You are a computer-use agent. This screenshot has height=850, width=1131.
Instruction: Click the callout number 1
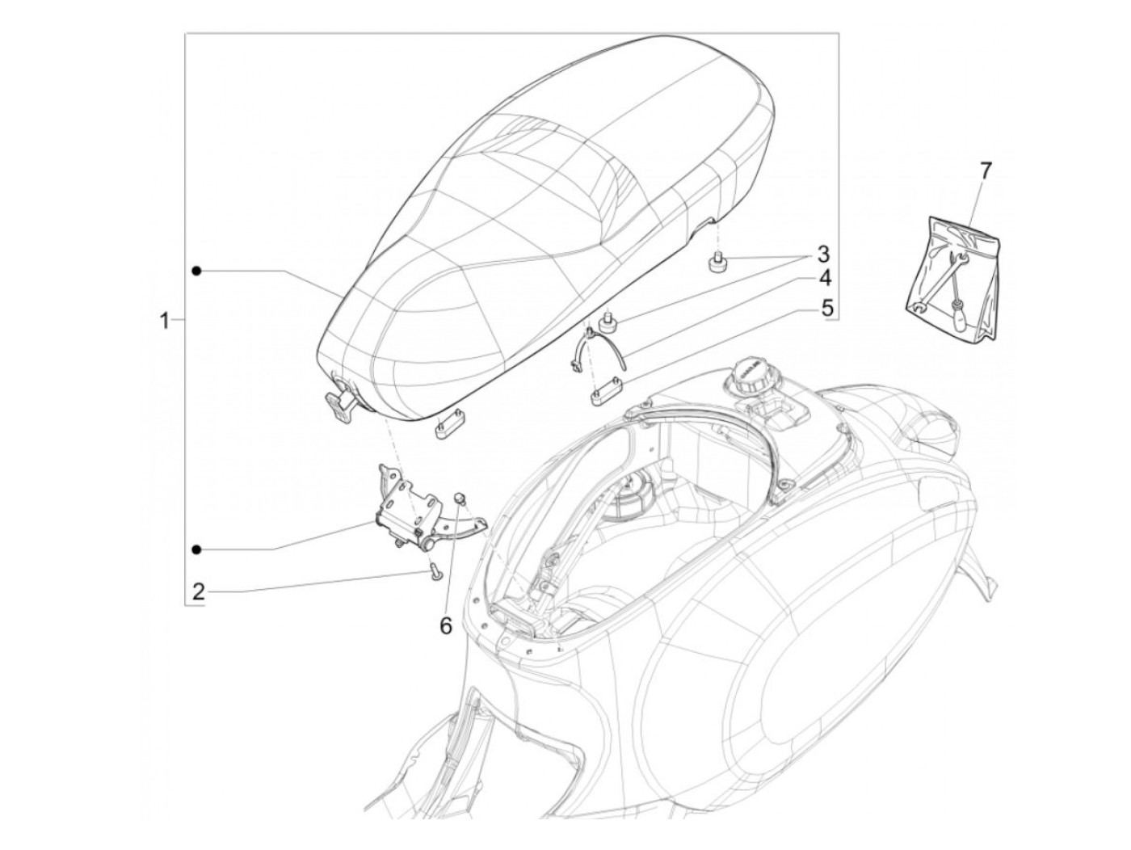(165, 321)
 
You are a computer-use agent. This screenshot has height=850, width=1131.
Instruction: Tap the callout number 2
(198, 592)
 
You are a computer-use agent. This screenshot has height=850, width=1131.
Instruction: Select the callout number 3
(822, 255)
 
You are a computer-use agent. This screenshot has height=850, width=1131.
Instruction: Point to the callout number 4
(823, 280)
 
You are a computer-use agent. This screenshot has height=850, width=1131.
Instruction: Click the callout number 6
(445, 625)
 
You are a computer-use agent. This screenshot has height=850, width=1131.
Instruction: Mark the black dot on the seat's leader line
(196, 271)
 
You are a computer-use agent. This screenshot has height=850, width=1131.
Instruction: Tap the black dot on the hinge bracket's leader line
(196, 549)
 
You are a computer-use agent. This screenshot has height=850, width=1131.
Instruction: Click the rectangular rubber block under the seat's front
(447, 428)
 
